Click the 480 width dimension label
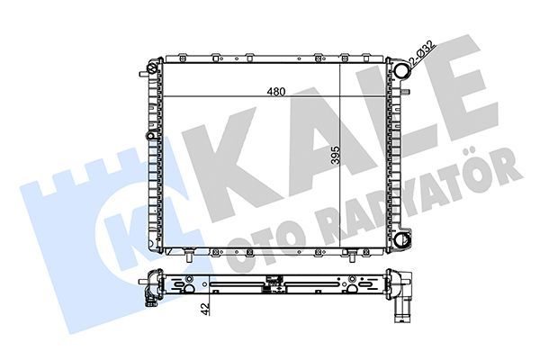click(276, 92)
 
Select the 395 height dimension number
click(335, 155)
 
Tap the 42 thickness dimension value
click(205, 309)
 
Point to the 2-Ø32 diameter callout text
click(422, 54)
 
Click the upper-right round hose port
click(401, 70)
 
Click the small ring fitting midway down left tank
click(150, 136)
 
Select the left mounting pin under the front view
click(189, 257)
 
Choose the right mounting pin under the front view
click(351, 257)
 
